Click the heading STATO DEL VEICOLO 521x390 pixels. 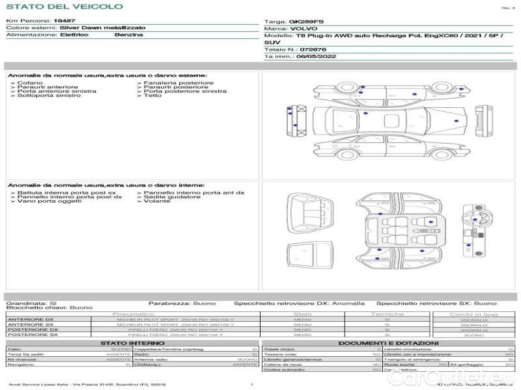point(64,6)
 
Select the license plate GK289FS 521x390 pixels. point(305,21)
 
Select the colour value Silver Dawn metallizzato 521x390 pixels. point(94,28)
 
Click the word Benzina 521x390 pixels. point(129,34)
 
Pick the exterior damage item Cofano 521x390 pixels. point(30,83)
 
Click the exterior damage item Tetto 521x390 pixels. point(152,96)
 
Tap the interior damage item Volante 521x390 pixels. point(155,201)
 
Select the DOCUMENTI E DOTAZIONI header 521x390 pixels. point(388,343)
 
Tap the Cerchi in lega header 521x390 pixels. point(473,314)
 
